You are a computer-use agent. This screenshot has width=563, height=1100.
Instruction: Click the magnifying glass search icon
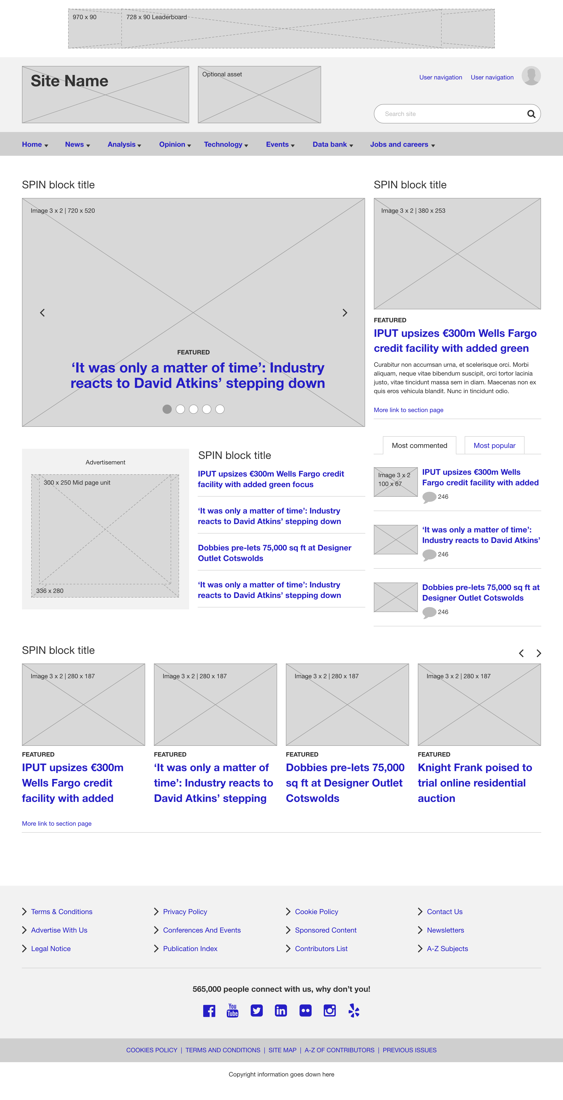tap(531, 114)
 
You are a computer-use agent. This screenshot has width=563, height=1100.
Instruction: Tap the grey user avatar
tap(531, 76)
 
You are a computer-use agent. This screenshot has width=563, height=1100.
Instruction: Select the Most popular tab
tap(494, 445)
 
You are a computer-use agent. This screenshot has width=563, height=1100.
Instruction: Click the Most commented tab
tap(420, 445)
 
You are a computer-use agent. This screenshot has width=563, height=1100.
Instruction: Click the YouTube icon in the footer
tap(233, 1010)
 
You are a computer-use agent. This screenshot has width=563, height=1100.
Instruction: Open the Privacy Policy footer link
tap(185, 912)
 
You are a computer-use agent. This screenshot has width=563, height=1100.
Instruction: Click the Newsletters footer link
tap(445, 930)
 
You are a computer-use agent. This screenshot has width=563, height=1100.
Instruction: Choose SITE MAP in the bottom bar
tap(282, 1050)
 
